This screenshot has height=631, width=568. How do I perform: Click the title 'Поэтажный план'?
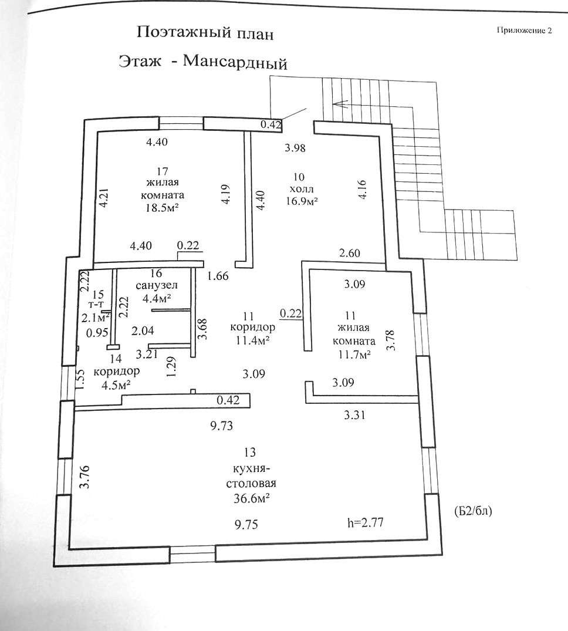tap(205, 33)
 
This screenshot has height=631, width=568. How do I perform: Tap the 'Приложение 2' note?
tap(524, 30)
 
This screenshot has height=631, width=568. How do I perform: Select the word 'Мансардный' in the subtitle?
tap(235, 62)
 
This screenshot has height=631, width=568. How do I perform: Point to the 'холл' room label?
tap(301, 189)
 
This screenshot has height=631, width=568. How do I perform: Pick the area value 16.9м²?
tap(302, 200)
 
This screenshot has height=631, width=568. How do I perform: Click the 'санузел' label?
tap(157, 286)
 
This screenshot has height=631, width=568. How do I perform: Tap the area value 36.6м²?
tap(251, 498)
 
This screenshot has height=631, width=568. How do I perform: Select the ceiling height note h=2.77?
tap(365, 522)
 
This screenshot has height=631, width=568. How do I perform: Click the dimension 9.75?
tap(246, 524)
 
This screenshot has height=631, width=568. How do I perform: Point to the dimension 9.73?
tap(221, 426)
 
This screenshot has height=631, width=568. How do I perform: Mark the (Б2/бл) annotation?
tap(473, 511)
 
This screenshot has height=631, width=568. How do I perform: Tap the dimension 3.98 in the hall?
tap(295, 148)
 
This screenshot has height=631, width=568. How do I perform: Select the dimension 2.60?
tap(350, 253)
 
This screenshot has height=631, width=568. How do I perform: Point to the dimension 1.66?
tap(218, 276)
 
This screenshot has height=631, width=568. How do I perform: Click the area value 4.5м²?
tap(116, 384)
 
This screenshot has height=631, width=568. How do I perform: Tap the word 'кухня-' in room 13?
tap(250, 470)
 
